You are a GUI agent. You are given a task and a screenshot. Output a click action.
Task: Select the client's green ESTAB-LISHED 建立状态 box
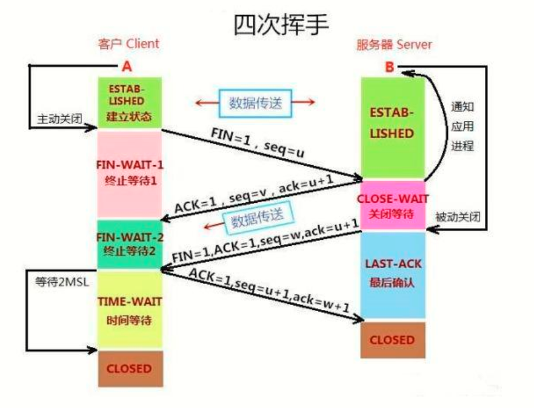(128, 102)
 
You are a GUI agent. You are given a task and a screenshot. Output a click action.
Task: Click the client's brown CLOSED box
(129, 368)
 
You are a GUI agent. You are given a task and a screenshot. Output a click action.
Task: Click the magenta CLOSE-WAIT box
(393, 205)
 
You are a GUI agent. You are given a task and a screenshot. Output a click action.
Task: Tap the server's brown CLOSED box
(392, 340)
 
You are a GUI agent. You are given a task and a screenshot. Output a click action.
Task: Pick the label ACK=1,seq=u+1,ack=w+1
(269, 291)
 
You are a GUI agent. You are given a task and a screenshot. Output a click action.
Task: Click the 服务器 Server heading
(394, 44)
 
